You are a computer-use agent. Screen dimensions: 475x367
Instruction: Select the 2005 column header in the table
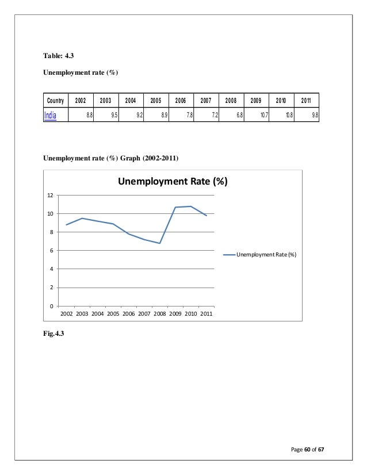tap(155, 100)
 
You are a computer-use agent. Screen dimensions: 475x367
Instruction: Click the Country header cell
tap(55, 100)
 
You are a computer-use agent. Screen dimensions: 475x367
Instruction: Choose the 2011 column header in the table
tap(305, 100)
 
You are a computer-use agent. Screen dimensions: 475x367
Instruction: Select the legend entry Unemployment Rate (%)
tap(266, 254)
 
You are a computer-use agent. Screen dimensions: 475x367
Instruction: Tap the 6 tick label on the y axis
tap(51, 251)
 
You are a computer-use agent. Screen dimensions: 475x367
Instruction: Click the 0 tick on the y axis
tap(51, 306)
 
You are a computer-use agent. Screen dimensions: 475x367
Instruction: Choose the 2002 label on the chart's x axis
tap(66, 314)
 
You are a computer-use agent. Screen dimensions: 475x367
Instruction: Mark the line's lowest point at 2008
tap(159, 243)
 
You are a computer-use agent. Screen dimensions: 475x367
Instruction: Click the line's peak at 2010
tap(190, 206)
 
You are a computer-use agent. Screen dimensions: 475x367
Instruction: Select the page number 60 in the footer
tap(308, 448)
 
